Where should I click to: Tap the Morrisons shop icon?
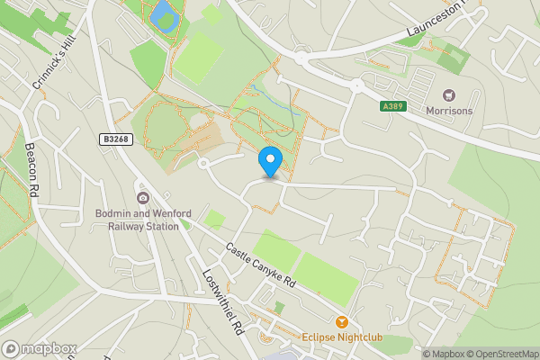(x=448, y=94)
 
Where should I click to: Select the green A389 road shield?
(x=391, y=106)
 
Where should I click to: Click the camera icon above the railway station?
(x=142, y=198)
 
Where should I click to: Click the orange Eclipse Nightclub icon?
(x=341, y=321)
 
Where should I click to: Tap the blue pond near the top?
(x=163, y=13)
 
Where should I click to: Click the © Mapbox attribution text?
(x=446, y=354)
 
